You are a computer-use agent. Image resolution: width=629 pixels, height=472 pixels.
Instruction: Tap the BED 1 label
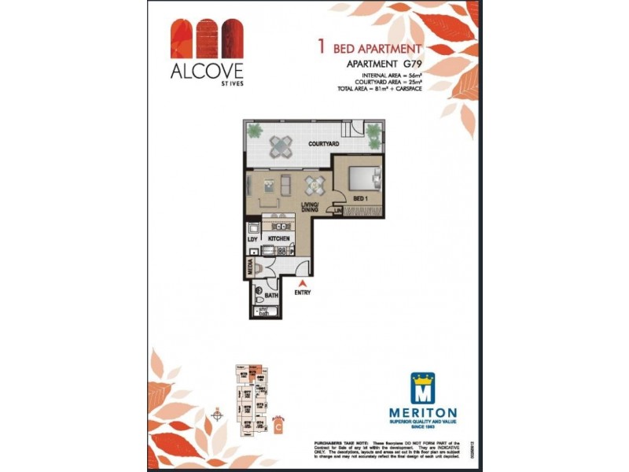[x=361, y=197]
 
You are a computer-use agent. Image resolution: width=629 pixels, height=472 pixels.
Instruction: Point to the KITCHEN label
[x=279, y=238]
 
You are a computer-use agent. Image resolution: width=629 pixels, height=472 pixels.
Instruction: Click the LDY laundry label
[x=252, y=238]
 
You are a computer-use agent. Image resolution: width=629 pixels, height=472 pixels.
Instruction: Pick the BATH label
[x=272, y=296]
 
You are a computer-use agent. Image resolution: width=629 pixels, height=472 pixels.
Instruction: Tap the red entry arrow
[x=303, y=282]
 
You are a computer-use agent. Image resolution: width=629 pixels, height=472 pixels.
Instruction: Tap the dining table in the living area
[x=314, y=186]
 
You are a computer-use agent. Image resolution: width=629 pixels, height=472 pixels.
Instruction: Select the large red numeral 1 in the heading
[x=321, y=46]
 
